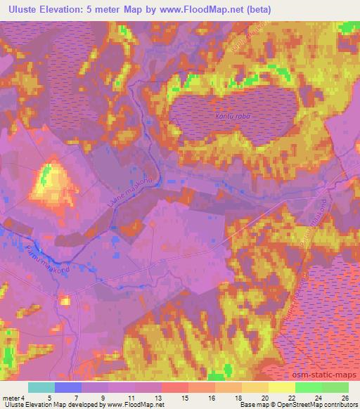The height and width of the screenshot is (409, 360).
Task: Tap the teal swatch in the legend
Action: (x=41, y=387)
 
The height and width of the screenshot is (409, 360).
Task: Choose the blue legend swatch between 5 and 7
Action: (x=68, y=387)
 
